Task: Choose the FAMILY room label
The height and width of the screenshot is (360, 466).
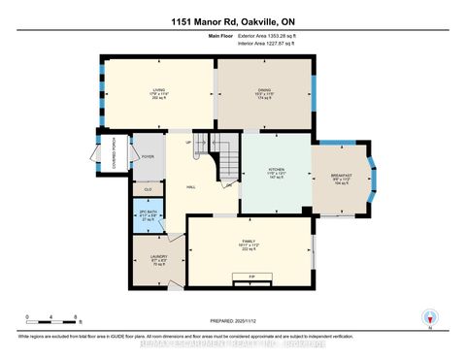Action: [x=248, y=244]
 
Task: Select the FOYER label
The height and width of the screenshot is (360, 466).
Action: [x=148, y=155]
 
